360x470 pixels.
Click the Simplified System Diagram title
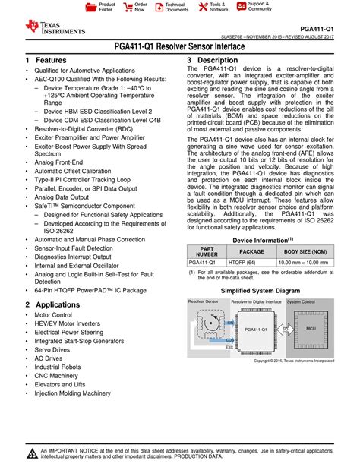coord(261,291)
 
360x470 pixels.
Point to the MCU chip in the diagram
coord(311,328)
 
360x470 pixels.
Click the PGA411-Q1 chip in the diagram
coord(256,330)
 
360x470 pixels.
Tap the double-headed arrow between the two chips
coord(282,329)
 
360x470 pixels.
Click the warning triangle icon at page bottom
coord(32,455)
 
